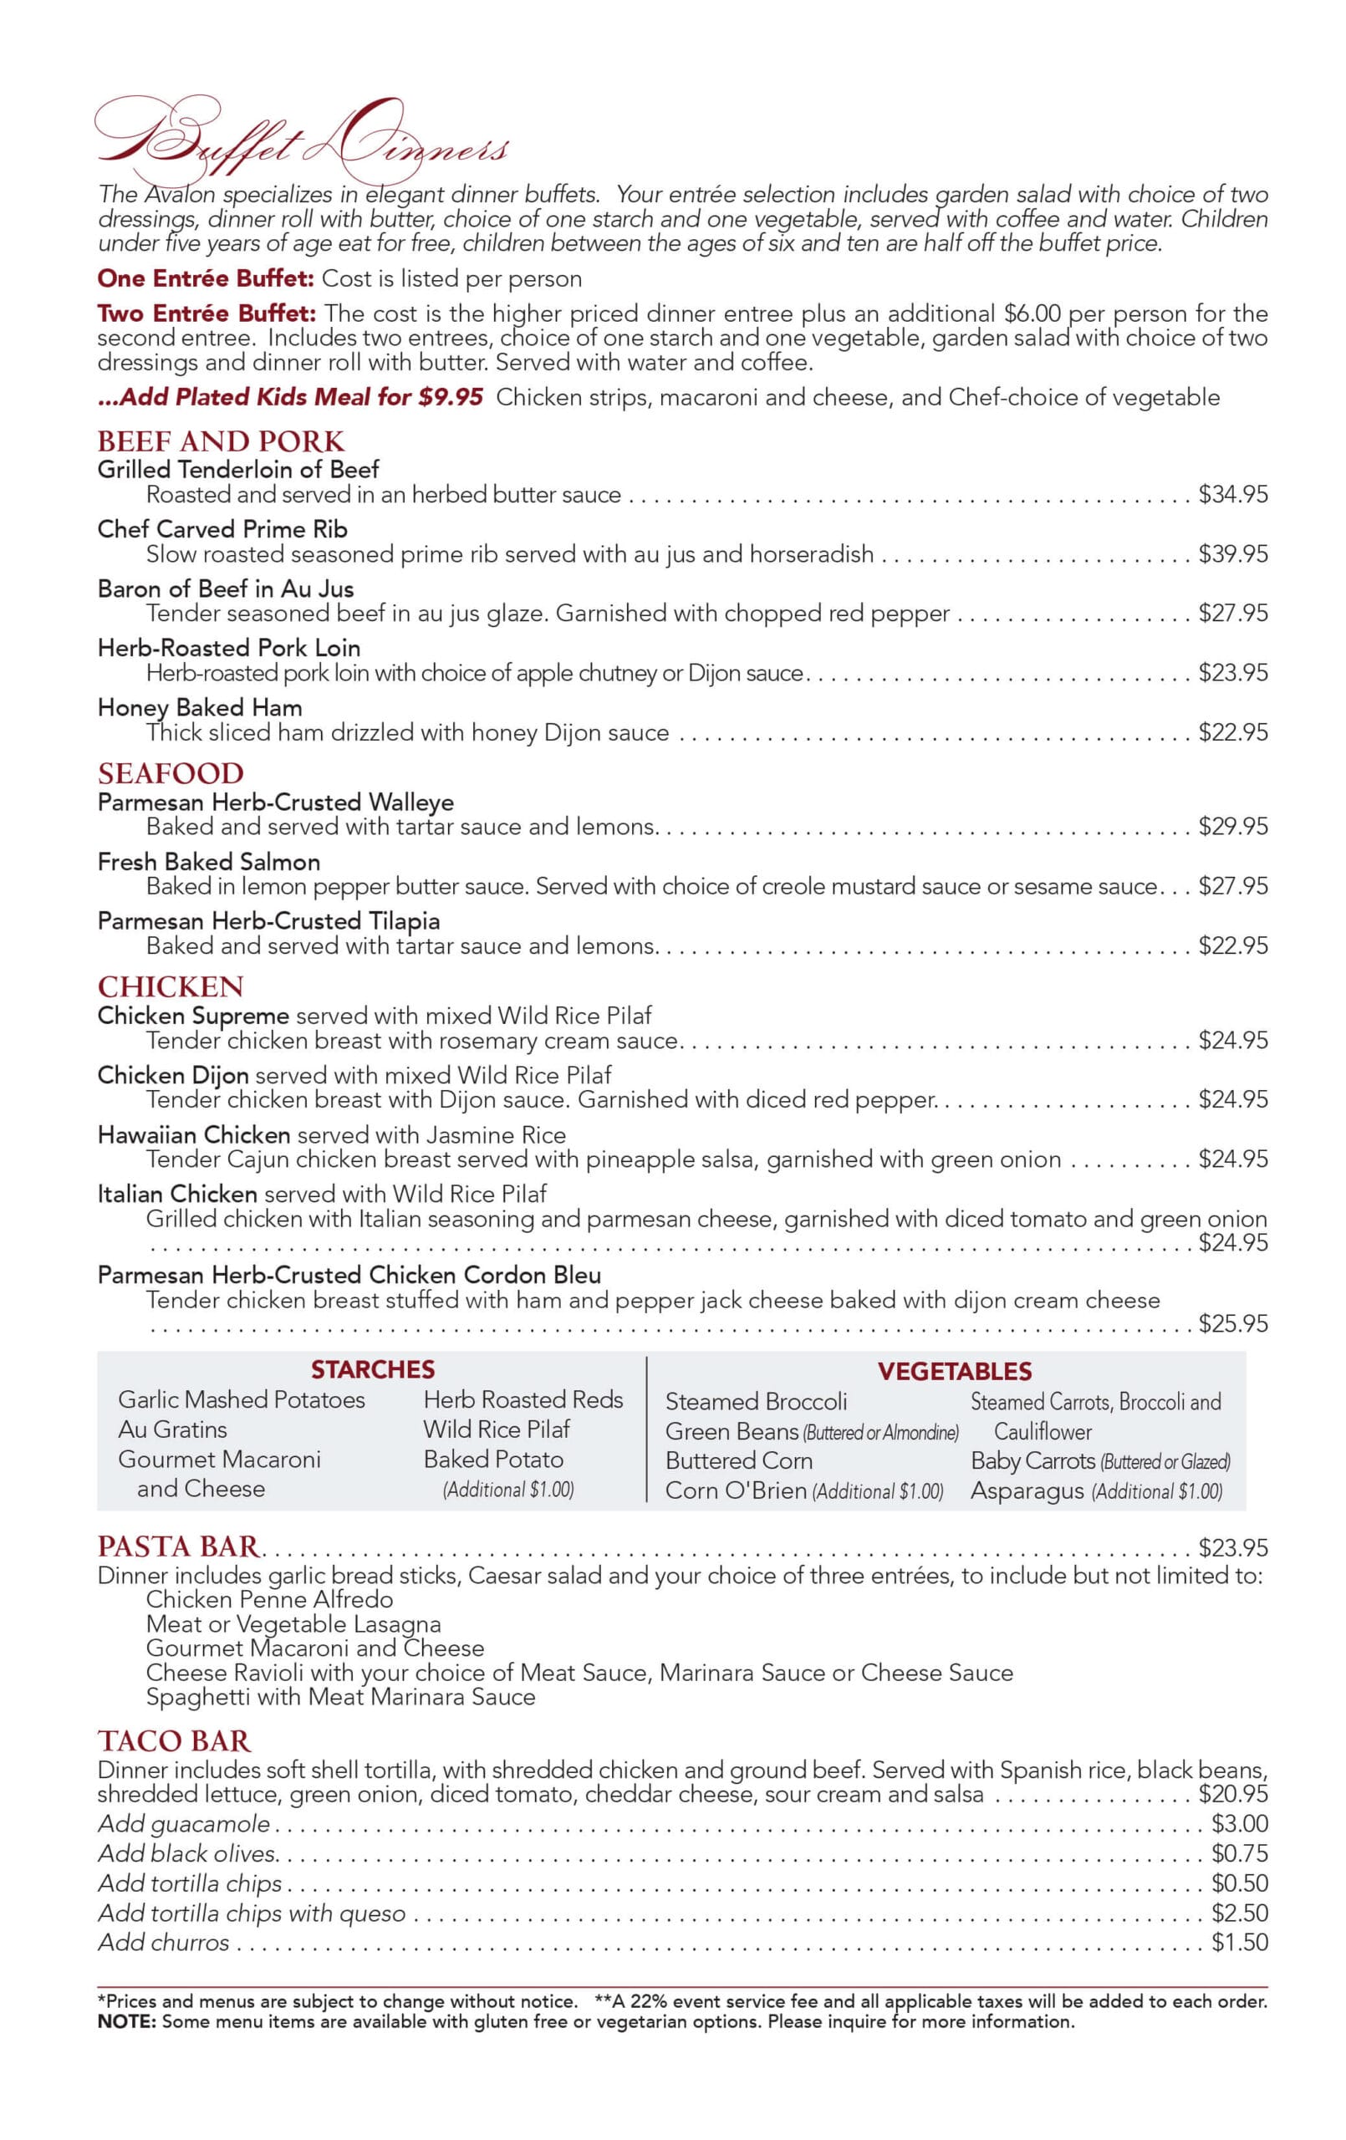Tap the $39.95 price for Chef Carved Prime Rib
[1232, 553]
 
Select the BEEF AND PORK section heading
[221, 441]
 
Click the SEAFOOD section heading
[170, 773]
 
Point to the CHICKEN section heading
[170, 986]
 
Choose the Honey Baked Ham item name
[199, 707]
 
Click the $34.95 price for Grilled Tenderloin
[1232, 494]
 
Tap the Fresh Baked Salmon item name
[208, 861]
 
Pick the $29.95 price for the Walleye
[1232, 827]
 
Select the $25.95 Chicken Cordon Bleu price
[1232, 1323]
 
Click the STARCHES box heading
[373, 1369]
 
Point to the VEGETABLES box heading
[954, 1371]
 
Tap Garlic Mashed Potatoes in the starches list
[241, 1399]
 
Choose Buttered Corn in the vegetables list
[738, 1460]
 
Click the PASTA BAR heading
[179, 1546]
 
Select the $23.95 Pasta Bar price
[1232, 1547]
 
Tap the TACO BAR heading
[174, 1740]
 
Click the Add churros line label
[164, 1943]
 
